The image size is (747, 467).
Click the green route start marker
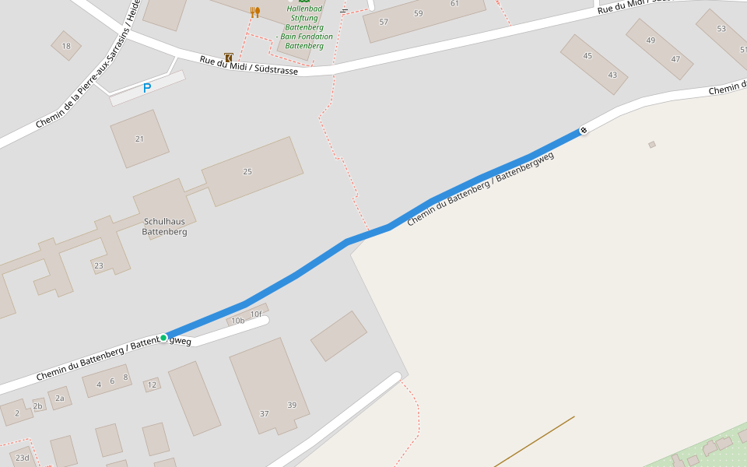pos(163,338)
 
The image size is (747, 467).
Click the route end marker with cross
pos(583,130)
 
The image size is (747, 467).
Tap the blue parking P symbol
pos(146,89)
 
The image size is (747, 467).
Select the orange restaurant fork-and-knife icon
pos(254,12)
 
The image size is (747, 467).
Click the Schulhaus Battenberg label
pos(164,226)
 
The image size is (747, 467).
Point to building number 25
pos(247,171)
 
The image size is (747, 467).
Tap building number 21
pos(139,139)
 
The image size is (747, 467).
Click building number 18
pos(66,46)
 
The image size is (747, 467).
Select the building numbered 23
pos(98,266)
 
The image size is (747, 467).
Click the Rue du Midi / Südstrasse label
pos(249,65)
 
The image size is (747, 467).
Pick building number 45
pos(587,56)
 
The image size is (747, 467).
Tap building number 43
pos(612,75)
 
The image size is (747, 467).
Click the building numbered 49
pos(651,40)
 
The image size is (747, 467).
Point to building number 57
pos(384,22)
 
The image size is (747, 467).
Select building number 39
pos(292,405)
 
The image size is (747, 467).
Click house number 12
pos(152,384)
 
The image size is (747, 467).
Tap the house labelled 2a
pos(59,399)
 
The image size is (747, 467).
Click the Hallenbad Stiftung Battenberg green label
pos(304,27)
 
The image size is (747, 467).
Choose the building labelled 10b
pos(238,321)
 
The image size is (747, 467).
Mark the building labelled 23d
pos(22,458)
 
